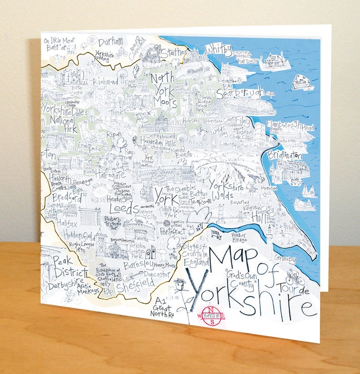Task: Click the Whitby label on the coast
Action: click(219, 49)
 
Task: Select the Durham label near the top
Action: click(110, 42)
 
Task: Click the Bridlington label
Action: click(284, 155)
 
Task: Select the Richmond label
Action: click(105, 82)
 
